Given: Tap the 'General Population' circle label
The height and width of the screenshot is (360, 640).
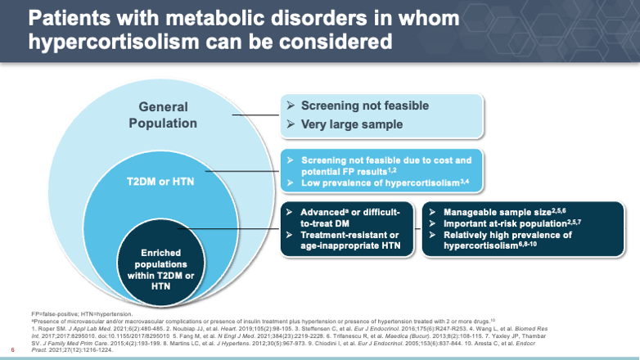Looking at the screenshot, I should (x=163, y=115).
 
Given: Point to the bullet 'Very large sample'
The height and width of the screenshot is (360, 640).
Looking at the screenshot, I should (x=351, y=125).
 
